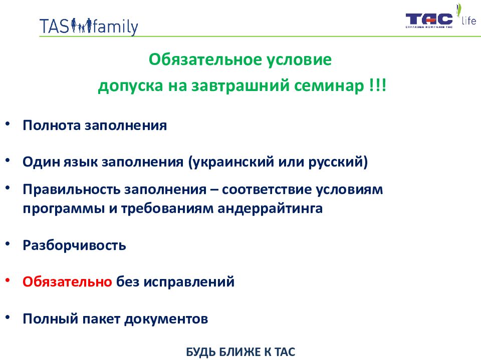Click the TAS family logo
(x=89, y=26)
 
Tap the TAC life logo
(x=441, y=16)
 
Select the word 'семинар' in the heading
(x=329, y=85)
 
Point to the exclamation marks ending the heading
(x=378, y=85)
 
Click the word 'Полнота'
(x=52, y=125)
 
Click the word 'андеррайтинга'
(x=270, y=209)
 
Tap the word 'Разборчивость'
(x=74, y=245)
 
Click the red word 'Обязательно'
(x=68, y=281)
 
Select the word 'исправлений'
(x=189, y=282)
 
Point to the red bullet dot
(x=8, y=280)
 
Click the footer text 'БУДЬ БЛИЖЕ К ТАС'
(x=241, y=352)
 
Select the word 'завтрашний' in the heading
(x=240, y=85)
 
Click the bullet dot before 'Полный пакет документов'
(x=8, y=317)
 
